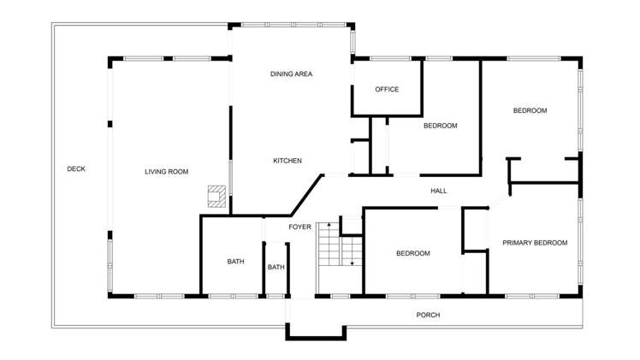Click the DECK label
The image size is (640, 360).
76,169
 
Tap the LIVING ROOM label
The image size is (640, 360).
166,172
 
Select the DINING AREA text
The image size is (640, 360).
291,74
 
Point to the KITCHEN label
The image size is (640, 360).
287,161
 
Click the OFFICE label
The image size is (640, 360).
387,90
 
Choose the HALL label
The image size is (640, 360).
438,191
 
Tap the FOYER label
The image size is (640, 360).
299,227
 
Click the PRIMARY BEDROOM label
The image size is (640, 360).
535,243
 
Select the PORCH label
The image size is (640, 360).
428,315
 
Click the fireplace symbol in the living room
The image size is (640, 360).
218,197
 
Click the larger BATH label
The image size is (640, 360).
235,262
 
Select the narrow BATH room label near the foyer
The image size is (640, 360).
276,268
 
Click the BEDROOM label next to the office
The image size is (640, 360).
440,126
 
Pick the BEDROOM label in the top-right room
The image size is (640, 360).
530,110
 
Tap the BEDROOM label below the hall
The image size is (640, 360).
412,253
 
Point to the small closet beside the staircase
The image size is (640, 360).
352,226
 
